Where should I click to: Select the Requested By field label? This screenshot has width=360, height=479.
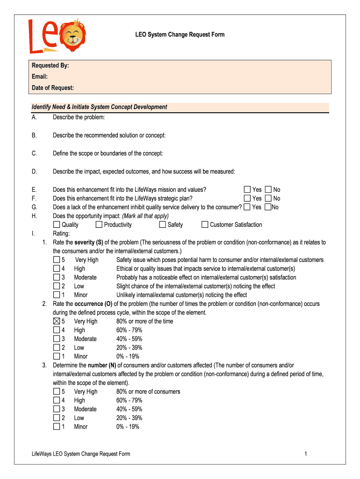point(50,66)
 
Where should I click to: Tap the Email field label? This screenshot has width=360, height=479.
point(40,77)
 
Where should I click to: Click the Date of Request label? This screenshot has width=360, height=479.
point(53,88)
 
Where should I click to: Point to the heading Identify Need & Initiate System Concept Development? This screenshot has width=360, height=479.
point(99,107)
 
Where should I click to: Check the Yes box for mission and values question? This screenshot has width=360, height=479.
point(247,189)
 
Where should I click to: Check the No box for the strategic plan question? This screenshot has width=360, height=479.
point(268,198)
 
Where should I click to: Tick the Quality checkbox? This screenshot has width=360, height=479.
point(57,225)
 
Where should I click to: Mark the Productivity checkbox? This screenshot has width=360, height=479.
point(99,225)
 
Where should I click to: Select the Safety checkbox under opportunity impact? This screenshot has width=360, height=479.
point(163,225)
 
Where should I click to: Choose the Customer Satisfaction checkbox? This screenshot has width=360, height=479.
point(205,225)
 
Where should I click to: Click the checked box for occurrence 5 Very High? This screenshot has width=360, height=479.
point(57,321)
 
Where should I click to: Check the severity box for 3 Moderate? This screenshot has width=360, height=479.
point(57,277)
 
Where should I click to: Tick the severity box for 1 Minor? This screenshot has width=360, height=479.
point(57,295)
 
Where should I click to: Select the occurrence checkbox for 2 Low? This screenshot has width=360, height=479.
point(57,348)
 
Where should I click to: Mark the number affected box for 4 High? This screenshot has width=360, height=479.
point(57,400)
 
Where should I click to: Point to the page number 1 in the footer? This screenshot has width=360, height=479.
point(305,454)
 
